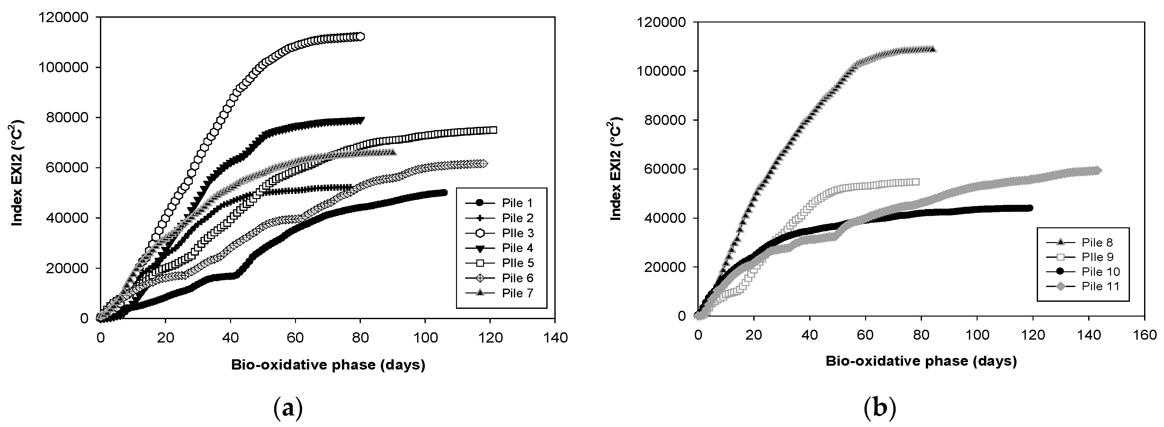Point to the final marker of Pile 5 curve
pos(493,130)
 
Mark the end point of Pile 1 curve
pos(444,192)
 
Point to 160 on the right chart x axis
pos(1144,335)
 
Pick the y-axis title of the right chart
pos(616,169)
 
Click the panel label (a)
pos(288,409)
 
